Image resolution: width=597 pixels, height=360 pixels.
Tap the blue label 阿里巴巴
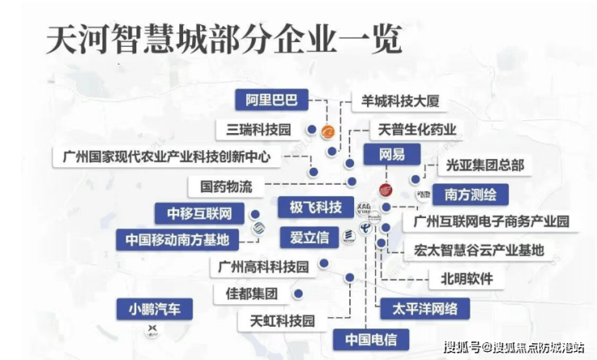click(272, 101)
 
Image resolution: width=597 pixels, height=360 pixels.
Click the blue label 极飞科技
click(310, 207)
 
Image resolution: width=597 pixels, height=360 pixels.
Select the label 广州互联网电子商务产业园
click(492, 220)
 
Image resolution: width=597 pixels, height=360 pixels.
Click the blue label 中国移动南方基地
click(177, 240)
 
